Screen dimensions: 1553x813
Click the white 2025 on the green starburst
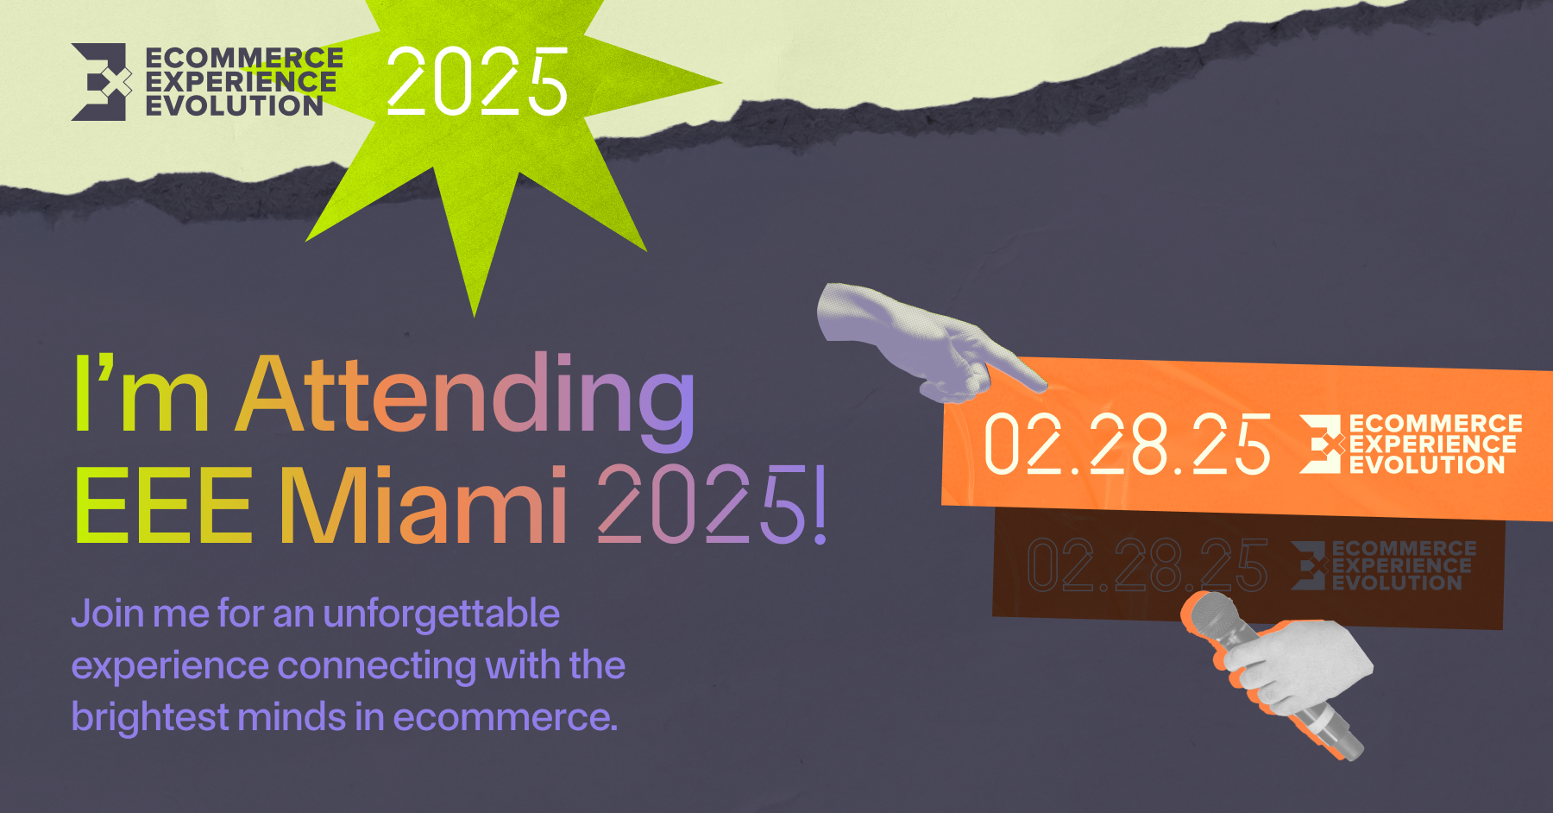click(476, 81)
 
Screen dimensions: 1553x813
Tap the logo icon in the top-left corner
click(101, 82)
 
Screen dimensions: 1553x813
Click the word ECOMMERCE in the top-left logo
click(244, 58)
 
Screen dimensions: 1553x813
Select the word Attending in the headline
click(465, 396)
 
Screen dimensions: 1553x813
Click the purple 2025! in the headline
click(713, 504)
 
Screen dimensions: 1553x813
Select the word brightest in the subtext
click(150, 717)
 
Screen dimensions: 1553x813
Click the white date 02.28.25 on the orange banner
click(1128, 444)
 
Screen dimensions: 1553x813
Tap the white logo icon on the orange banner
click(1322, 444)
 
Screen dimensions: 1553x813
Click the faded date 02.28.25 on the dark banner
click(1148, 565)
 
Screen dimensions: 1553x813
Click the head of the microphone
click(1215, 618)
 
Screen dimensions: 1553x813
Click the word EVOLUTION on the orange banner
click(1427, 465)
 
